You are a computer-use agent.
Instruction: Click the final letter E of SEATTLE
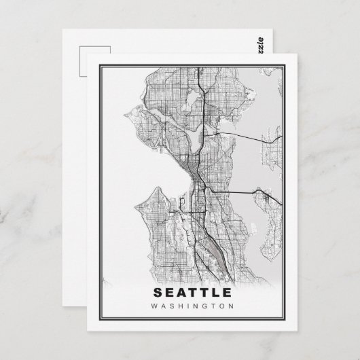[224, 293]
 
